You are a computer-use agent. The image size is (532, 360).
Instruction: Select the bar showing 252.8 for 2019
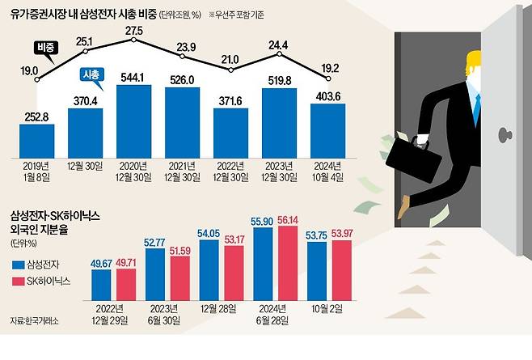(36, 138)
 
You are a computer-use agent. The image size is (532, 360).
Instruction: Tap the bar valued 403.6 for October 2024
(327, 128)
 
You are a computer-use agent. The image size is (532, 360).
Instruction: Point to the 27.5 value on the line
(133, 30)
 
